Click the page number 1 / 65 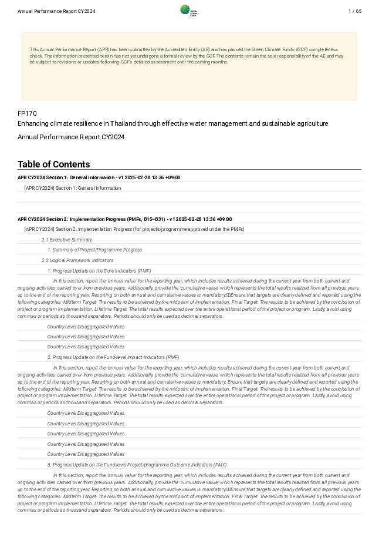click(354, 11)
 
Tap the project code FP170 click(27, 113)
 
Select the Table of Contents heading click(54, 165)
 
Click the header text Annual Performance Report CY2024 click(56, 11)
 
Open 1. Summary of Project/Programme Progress click(94, 250)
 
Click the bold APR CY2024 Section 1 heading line click(99, 177)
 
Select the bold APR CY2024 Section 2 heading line click(124, 219)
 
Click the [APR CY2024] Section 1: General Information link click(73, 188)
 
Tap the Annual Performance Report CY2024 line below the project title click(71, 137)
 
